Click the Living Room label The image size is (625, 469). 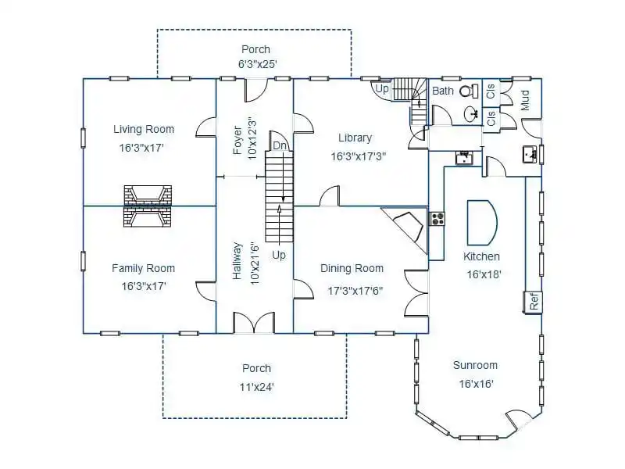coord(144,129)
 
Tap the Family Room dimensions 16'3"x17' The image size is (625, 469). coord(144,286)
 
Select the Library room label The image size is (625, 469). coord(355,138)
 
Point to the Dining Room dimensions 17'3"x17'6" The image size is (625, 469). coord(355,291)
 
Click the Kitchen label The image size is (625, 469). coord(481,256)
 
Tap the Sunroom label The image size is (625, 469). coord(475,365)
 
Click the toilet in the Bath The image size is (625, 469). coord(470,91)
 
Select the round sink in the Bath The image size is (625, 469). coord(472,114)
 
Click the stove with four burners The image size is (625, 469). coord(437,219)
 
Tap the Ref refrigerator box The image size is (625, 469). coord(534,302)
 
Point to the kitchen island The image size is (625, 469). coord(482,223)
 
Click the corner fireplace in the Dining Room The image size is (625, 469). coord(405,229)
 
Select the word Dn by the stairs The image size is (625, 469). coord(280,145)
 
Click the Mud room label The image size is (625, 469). coord(525,100)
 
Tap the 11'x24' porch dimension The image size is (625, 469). coord(257,387)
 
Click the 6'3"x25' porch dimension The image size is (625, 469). coord(258,64)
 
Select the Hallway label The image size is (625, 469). coord(237,261)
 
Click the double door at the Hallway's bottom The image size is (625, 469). coord(253,323)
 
